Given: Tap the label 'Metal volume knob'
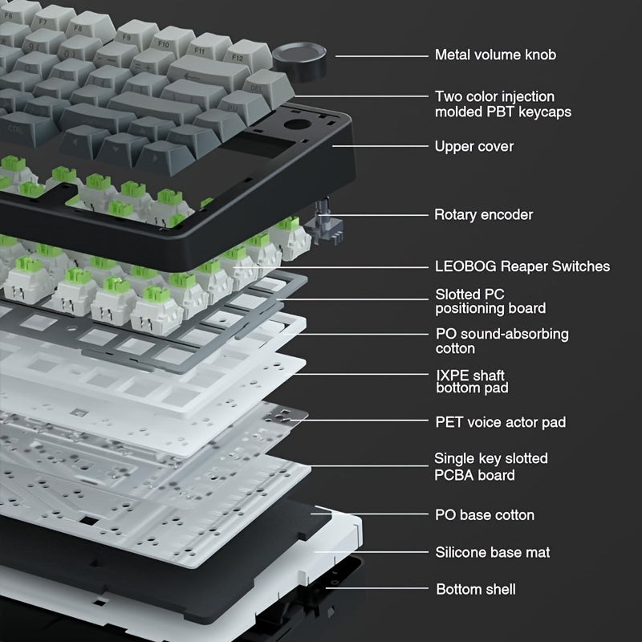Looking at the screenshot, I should pos(494,55).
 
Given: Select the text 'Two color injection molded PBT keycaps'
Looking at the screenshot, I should pos(502,104).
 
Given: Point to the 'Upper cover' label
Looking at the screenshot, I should pos(473,147).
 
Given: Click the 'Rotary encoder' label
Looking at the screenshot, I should pos(483,215).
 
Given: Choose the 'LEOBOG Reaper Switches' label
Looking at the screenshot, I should pos(522,266).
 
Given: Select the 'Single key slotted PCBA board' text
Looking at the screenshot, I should pos(490,467).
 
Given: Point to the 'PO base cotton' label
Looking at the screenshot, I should pos(484,515).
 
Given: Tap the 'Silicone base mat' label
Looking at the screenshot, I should pos(492,553).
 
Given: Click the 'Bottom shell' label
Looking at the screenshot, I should pos(475,590).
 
